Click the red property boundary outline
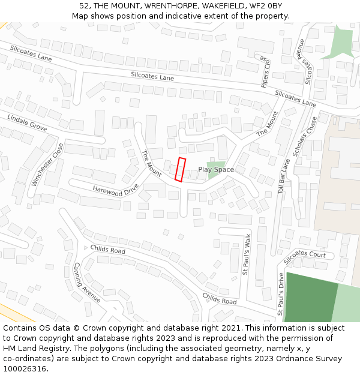click(179, 169)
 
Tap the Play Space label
click(216, 170)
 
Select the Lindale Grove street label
click(27, 122)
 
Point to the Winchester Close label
click(47, 164)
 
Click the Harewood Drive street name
click(115, 190)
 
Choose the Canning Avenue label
click(86, 281)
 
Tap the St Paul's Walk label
click(245, 255)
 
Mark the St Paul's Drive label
click(280, 294)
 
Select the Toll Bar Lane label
click(284, 175)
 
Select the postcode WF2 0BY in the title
click(265, 6)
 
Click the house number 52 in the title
click(84, 6)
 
